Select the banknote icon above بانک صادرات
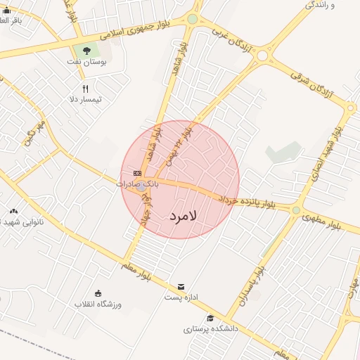(137, 173)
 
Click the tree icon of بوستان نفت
(86, 51)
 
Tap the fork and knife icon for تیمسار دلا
(86, 89)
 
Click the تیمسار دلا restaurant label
(86, 100)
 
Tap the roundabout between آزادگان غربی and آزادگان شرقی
(262, 55)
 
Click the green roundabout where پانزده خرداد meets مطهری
(296, 210)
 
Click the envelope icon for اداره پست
(182, 286)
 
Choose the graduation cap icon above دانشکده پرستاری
(210, 318)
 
